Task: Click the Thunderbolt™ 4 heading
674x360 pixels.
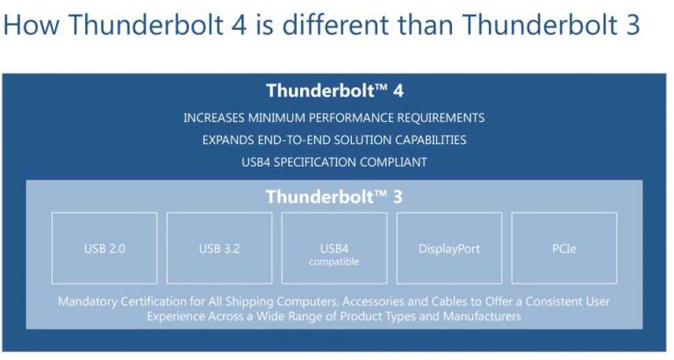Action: tap(333, 90)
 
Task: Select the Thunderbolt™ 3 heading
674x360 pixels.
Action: tap(333, 197)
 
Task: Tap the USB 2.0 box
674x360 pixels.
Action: tap(104, 248)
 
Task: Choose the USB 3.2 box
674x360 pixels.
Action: tap(219, 248)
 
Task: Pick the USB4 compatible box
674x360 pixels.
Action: tap(333, 248)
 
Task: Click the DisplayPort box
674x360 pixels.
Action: tap(449, 248)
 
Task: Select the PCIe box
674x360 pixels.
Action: tap(563, 248)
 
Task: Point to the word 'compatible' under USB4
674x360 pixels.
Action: tap(333, 262)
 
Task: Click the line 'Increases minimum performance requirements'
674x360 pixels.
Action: tap(333, 118)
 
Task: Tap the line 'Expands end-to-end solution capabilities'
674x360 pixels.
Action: tap(333, 140)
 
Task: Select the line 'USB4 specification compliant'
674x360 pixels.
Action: tap(333, 162)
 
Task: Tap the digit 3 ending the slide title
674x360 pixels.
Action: tap(633, 25)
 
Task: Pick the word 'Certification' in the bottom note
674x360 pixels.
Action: tap(162, 301)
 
